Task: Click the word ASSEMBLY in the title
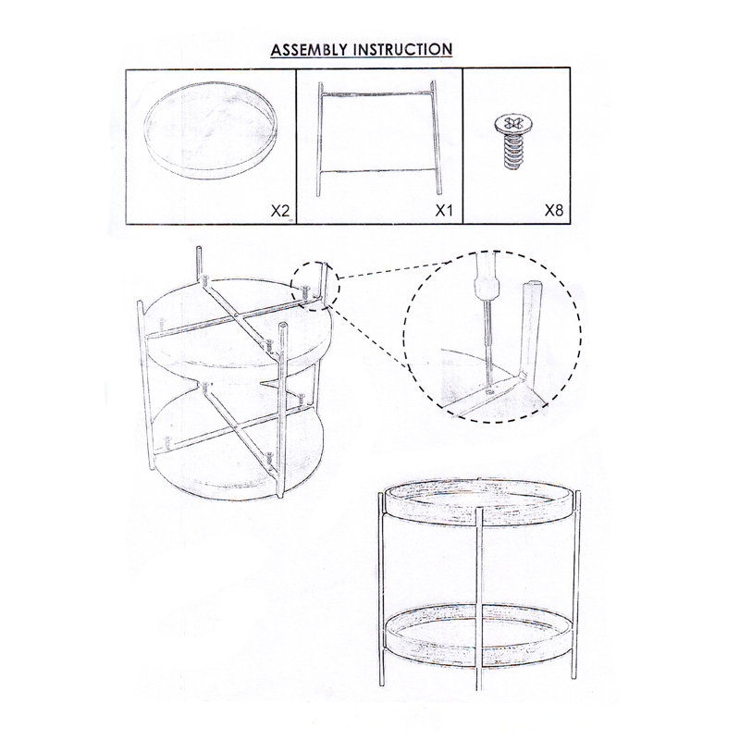[309, 50]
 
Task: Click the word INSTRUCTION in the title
[402, 50]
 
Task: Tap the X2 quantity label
[280, 211]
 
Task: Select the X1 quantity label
[444, 211]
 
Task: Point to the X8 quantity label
[554, 210]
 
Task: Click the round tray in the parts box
[210, 166]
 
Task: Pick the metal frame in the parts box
[320, 142]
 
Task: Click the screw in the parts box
[512, 142]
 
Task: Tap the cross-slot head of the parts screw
[512, 124]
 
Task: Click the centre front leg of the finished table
[479, 599]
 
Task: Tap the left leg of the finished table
[381, 590]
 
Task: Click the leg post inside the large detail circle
[531, 330]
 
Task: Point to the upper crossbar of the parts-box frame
[377, 94]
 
